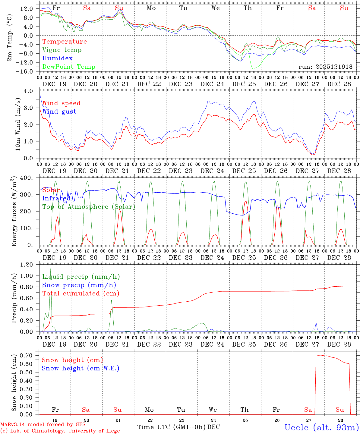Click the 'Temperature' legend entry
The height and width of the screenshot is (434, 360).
pyautogui.click(x=64, y=42)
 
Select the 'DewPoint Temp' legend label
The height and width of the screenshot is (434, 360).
pyautogui.click(x=69, y=67)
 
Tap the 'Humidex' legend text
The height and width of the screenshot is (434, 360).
pyautogui.click(x=57, y=58)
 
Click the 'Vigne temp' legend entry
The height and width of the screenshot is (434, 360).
pyautogui.click(x=62, y=50)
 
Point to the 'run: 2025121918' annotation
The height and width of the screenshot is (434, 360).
pyautogui.click(x=325, y=67)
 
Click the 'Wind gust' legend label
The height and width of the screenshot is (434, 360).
pyautogui.click(x=59, y=112)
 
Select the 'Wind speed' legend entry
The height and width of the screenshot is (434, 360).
pyautogui.click(x=61, y=103)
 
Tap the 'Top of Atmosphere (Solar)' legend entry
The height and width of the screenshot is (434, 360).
pyautogui.click(x=88, y=207)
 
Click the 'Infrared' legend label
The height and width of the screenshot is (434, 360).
pyautogui.click(x=56, y=198)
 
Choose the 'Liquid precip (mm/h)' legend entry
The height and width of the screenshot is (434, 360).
pyautogui.click(x=81, y=277)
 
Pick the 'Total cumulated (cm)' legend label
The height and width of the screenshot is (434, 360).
pyautogui.click(x=81, y=294)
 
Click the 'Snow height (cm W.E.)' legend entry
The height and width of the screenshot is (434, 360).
pyautogui.click(x=80, y=368)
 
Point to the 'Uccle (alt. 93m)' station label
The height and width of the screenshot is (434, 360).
pyautogui.click(x=322, y=427)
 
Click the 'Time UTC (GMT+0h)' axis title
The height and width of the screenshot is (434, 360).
pyautogui.click(x=172, y=427)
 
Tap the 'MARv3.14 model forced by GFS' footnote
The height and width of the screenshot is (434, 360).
pyautogui.click(x=43, y=424)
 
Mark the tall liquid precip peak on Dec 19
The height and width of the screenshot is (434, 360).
pyautogui.click(x=51, y=269)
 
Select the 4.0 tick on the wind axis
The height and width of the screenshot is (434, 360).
pyautogui.click(x=30, y=91)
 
